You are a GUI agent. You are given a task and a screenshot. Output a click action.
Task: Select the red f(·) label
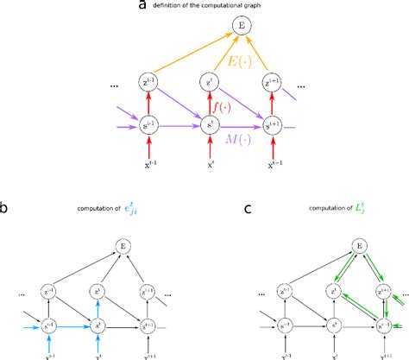pyautogui.click(x=223, y=107)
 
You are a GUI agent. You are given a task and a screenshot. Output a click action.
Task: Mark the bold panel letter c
pyautogui.click(x=223, y=206)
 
